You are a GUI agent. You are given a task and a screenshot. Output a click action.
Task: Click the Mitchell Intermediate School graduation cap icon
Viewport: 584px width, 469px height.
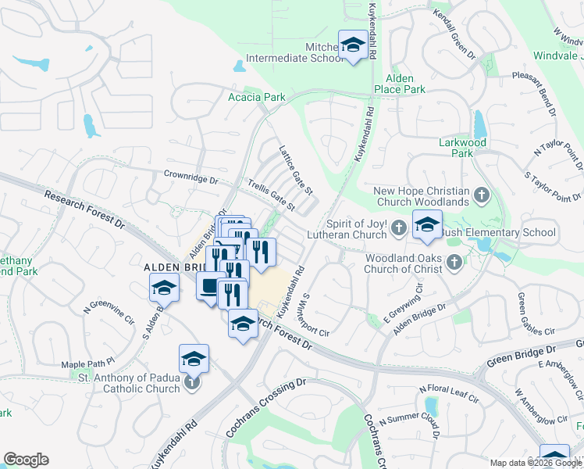352,45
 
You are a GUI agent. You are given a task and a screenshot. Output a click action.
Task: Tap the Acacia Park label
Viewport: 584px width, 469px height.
256,98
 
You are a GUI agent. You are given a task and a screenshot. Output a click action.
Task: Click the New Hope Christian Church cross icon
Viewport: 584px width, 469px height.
482,193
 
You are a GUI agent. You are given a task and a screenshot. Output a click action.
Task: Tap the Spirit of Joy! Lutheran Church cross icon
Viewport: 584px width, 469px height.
399,228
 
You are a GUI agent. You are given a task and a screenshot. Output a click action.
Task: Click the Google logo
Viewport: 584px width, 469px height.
27,459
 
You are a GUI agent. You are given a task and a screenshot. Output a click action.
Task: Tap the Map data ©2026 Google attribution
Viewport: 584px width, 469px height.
536,463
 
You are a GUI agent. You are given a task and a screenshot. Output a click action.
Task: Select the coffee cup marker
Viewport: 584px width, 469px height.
210,286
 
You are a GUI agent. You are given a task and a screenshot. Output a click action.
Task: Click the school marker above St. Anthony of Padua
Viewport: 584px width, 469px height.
194,360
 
